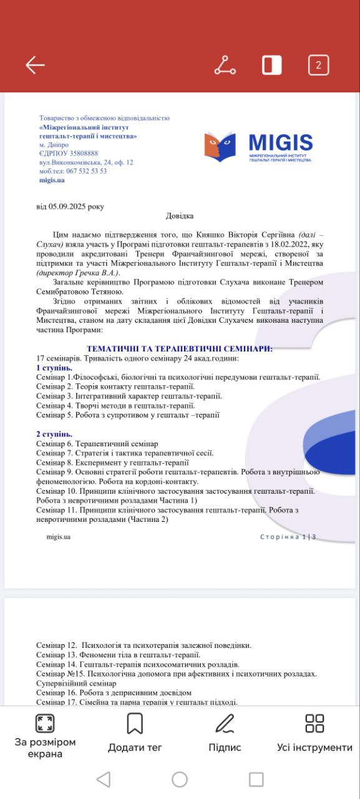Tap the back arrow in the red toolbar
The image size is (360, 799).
(35, 65)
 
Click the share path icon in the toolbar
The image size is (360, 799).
(225, 65)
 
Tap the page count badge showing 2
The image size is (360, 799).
(318, 65)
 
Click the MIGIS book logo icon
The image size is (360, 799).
(220, 147)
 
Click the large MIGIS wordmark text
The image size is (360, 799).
(280, 143)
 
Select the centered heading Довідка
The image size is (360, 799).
(180, 216)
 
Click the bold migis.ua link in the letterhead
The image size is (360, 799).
(52, 180)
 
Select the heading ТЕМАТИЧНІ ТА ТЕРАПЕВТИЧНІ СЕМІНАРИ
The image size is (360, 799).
(180, 349)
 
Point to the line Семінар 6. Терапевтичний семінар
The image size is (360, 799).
(97, 443)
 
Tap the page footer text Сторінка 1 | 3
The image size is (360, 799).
(288, 537)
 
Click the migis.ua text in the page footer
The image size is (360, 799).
(58, 537)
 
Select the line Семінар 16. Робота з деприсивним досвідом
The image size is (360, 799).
(114, 692)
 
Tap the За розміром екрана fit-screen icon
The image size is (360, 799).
(45, 723)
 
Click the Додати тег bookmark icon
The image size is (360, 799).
(135, 723)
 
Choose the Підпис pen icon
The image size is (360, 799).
(225, 723)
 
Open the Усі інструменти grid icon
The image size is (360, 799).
(314, 723)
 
